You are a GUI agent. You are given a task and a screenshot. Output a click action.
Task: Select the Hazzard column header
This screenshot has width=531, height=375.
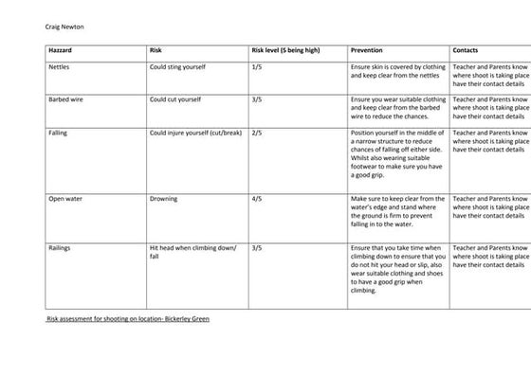coord(62,49)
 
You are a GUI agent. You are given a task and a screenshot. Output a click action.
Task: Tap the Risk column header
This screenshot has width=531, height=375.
coord(157,49)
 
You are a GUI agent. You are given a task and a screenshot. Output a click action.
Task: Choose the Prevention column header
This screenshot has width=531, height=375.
coord(368,49)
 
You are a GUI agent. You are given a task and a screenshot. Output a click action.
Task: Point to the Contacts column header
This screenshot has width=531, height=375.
coord(467,49)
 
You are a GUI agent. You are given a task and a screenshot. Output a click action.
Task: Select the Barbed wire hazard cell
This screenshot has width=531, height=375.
coord(65,98)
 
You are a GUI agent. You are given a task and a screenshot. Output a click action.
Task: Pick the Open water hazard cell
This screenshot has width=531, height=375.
coord(64,200)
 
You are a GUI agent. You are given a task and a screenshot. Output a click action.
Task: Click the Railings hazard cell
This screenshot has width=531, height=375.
coord(60,247)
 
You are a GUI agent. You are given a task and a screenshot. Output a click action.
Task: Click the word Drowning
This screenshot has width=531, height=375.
coord(164,200)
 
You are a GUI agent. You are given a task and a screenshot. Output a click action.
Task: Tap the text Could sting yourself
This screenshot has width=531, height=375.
coord(178,67)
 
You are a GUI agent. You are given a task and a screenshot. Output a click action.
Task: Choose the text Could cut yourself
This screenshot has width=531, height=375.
coord(176,98)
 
